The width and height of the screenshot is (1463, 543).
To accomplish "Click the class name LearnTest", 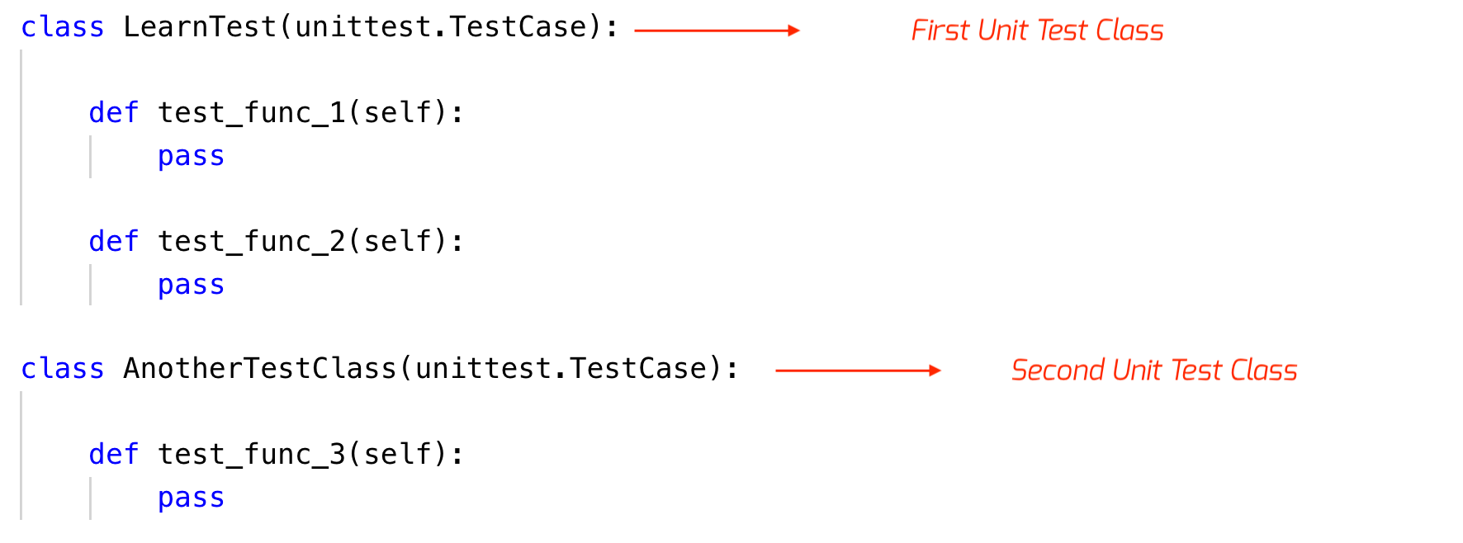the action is pos(200,27).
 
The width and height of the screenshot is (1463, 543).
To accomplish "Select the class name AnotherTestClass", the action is pos(260,369).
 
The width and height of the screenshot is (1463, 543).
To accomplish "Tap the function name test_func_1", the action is pos(251,113).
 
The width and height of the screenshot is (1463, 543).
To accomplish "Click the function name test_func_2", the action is pos(251,242).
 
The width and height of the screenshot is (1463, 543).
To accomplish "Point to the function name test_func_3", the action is pos(251,455).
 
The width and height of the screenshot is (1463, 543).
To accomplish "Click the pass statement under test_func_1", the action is pos(191,157).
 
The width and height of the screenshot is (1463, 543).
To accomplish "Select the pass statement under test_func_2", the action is pos(191,286).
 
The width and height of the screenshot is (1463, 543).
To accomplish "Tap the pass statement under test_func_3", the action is pos(191,498).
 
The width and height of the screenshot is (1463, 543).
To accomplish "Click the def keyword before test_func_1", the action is pos(114,113).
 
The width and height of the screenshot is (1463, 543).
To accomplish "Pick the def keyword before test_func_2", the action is pos(114,242).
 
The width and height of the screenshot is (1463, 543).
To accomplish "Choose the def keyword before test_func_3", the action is pos(114,455).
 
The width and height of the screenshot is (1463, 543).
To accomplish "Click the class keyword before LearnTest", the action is pos(63,27).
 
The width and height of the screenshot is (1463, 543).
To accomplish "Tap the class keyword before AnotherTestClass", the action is pos(63,369).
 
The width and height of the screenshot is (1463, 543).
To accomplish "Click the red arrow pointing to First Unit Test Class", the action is pos(717,31).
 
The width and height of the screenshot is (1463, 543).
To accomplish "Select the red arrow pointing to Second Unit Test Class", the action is pos(858,371).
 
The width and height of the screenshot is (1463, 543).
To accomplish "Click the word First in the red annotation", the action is pos(940,31).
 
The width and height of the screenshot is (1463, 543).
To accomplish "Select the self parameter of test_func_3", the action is pos(397,455).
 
